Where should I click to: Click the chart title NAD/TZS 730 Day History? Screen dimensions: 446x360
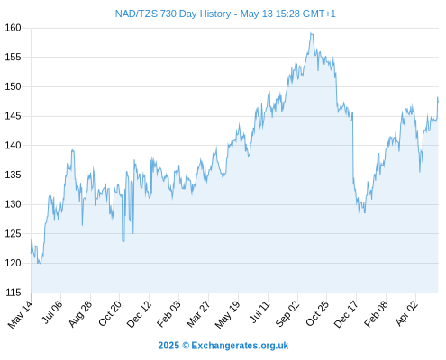pos(173,13)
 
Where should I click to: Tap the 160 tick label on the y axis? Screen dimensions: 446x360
pos(13,28)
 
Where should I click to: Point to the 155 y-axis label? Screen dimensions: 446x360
pos(13,57)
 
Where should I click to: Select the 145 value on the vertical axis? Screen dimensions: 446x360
pos(13,116)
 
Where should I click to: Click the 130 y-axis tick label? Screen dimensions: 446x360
pos(13,204)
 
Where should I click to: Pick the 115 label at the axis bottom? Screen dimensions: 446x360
pos(13,292)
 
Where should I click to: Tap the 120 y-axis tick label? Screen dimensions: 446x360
pos(13,263)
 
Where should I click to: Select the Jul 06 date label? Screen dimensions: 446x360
pos(51,312)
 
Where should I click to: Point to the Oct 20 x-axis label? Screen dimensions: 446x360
pos(110,313)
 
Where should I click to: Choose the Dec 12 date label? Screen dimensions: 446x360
pos(139,314)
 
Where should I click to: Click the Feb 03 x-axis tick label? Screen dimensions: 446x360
pos(168,313)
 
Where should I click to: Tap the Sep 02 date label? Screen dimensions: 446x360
pos(287,313)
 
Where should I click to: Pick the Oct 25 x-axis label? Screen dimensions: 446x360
pos(317,313)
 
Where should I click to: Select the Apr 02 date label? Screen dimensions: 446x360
pos(406,313)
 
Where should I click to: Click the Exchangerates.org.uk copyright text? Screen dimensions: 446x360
pos(223,346)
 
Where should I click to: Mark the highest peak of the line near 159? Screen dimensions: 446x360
pos(312,33)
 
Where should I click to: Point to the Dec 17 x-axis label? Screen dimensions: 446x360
pos(346,314)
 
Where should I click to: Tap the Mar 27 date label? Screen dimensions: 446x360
pos(198,314)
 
